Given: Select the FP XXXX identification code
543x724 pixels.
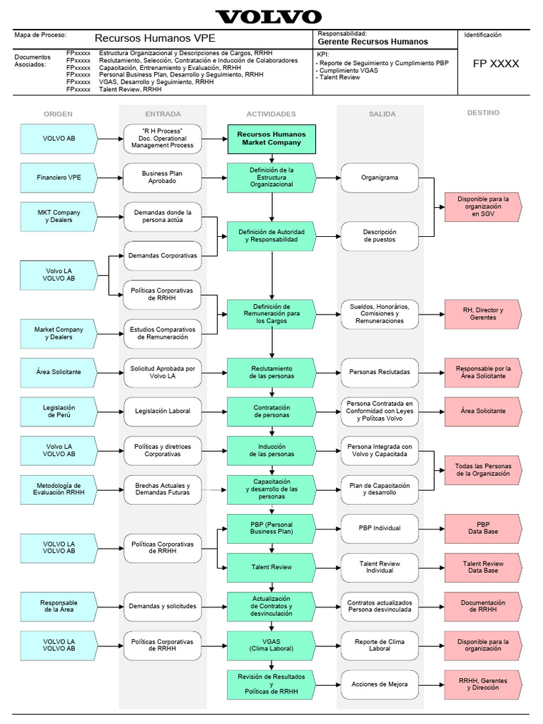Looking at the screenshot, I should click(496, 64).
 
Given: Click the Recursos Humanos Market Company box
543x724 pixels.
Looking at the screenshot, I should click(271, 138).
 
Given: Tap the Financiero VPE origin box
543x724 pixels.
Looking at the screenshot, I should click(59, 177).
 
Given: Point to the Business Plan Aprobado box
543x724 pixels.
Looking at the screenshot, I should click(162, 177).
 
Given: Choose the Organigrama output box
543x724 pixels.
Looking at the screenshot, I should click(380, 177).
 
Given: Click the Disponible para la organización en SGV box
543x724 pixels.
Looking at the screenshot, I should click(482, 206).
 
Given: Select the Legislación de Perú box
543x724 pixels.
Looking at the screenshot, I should click(59, 411).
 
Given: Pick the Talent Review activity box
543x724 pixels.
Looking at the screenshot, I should click(271, 567).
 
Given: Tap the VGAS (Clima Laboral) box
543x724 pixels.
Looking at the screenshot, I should click(271, 645).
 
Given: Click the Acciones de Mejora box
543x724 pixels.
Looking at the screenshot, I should click(380, 684).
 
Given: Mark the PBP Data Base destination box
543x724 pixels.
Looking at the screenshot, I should click(482, 528).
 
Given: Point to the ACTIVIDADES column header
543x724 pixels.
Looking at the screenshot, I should click(271, 114).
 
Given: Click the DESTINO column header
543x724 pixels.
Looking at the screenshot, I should click(483, 113).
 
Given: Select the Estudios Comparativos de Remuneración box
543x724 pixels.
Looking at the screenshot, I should click(162, 333).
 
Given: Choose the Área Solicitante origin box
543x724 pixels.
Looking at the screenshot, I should click(59, 372).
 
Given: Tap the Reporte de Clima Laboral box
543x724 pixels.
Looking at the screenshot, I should click(380, 645).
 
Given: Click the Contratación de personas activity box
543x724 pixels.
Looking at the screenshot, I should click(271, 411).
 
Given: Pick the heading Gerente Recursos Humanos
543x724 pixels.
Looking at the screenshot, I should click(373, 42).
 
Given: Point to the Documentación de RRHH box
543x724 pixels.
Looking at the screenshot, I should click(482, 606).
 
